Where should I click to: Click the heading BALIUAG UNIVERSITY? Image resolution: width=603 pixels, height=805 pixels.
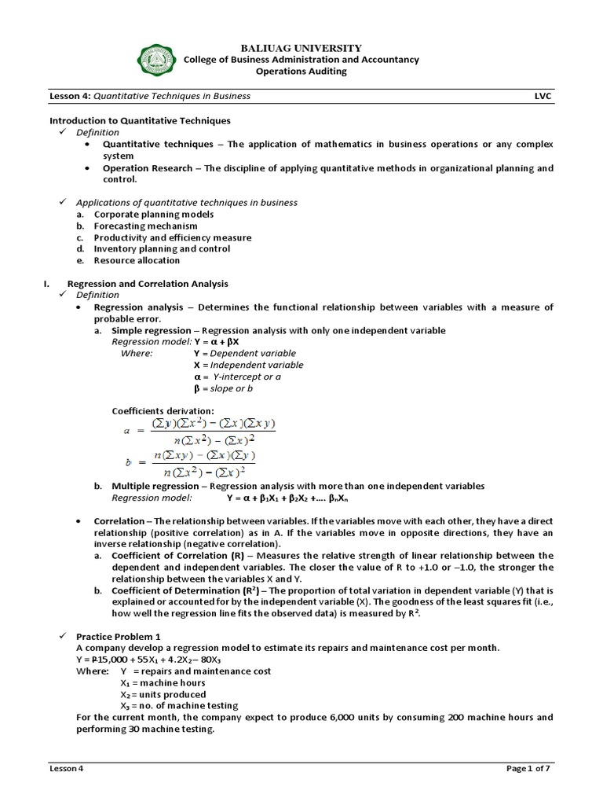point(301,48)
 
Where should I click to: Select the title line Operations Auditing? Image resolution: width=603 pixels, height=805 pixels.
point(301,72)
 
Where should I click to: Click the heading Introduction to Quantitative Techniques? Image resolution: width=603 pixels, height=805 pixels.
point(141,120)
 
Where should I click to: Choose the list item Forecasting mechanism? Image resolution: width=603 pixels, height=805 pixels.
point(134,226)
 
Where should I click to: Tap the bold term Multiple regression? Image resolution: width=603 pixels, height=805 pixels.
point(152,486)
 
